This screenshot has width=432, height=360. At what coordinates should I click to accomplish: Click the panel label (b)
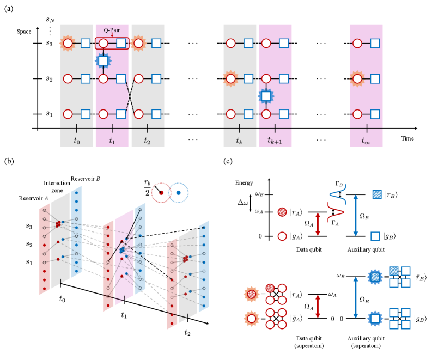(x=9, y=161)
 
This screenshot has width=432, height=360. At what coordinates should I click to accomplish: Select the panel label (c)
(x=229, y=161)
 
